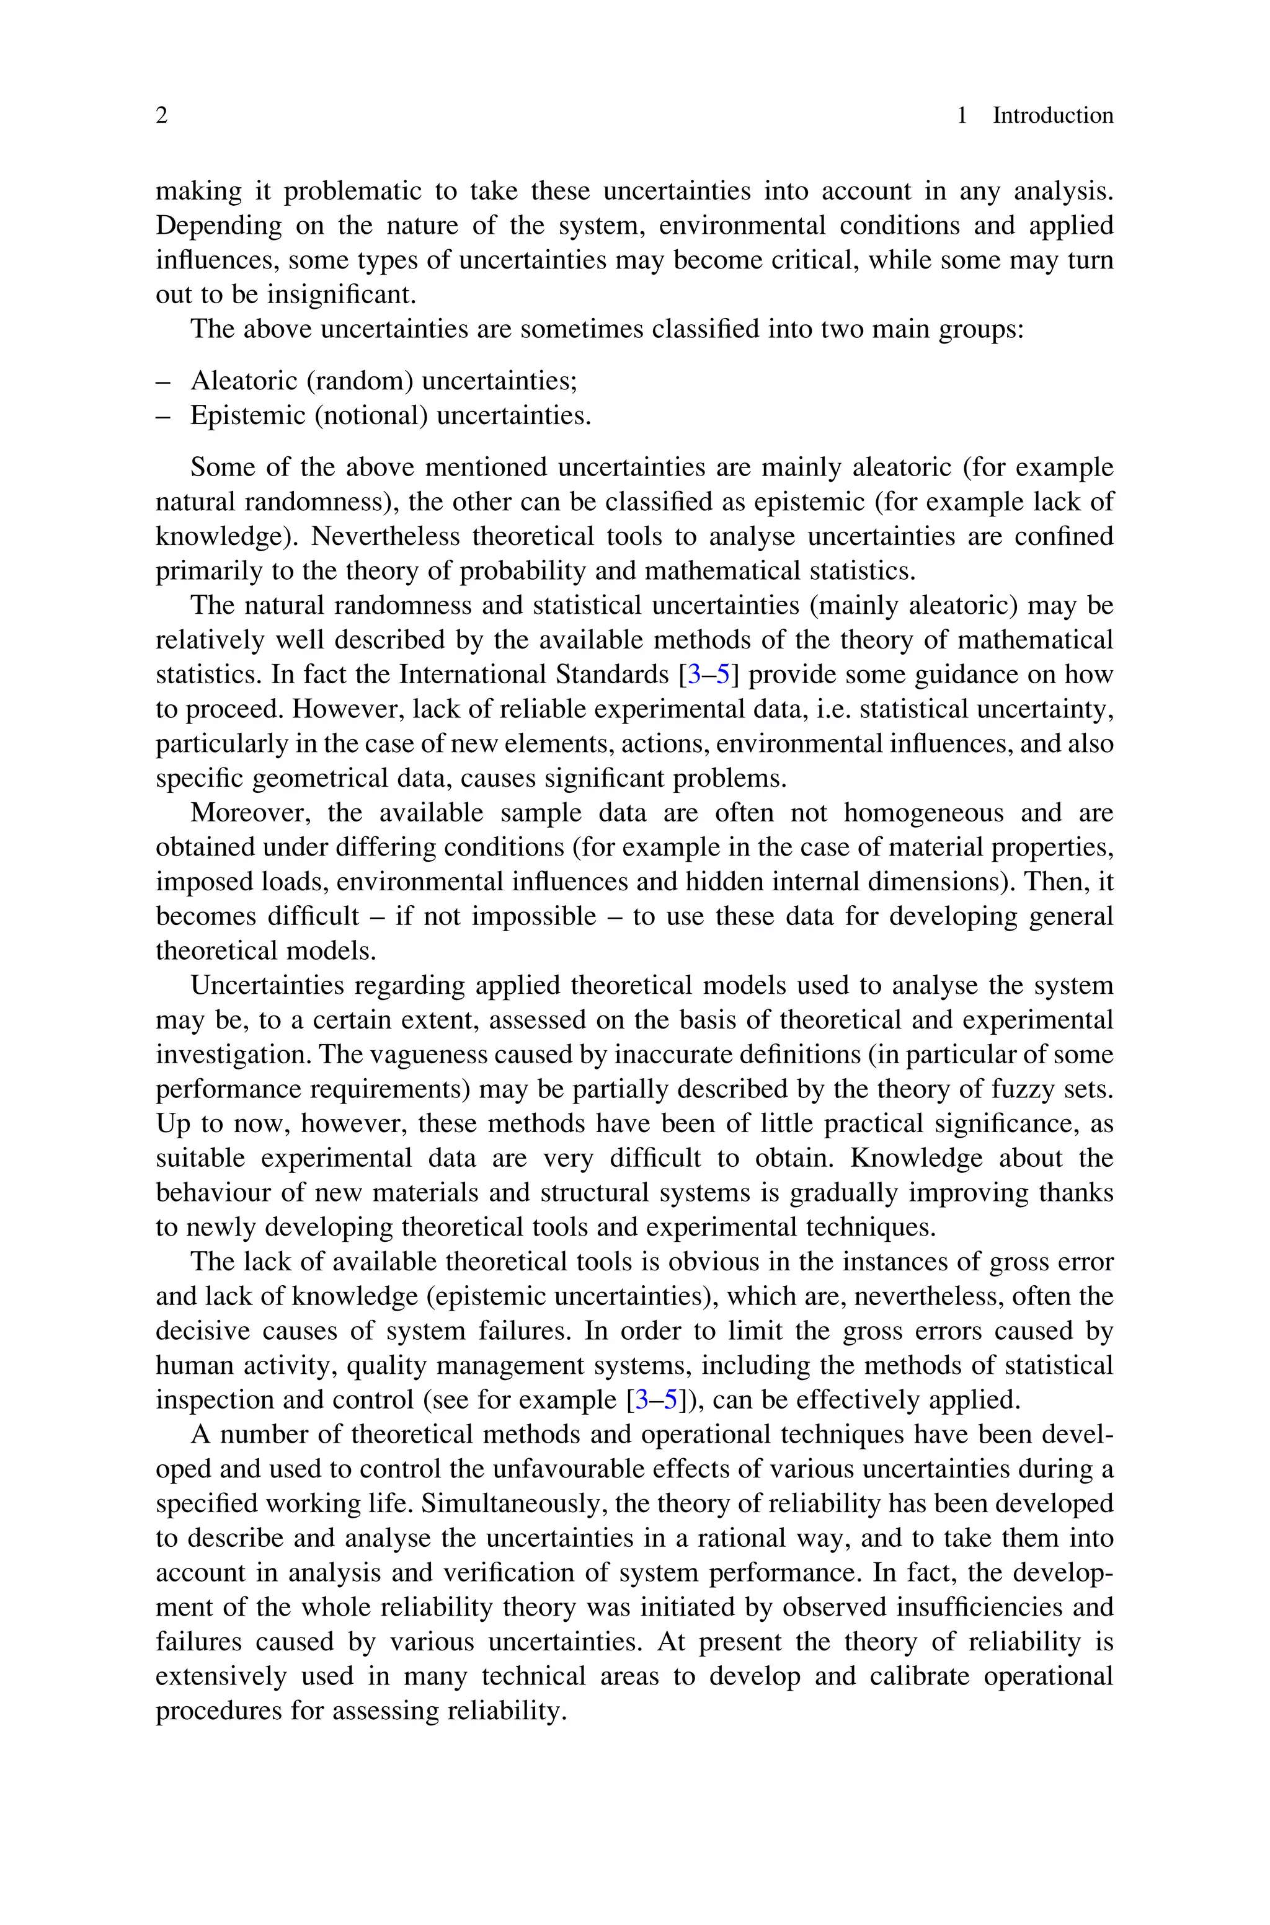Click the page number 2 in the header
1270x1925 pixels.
click(x=161, y=116)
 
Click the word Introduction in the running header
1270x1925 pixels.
click(x=1052, y=116)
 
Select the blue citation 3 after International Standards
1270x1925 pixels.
click(x=694, y=675)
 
